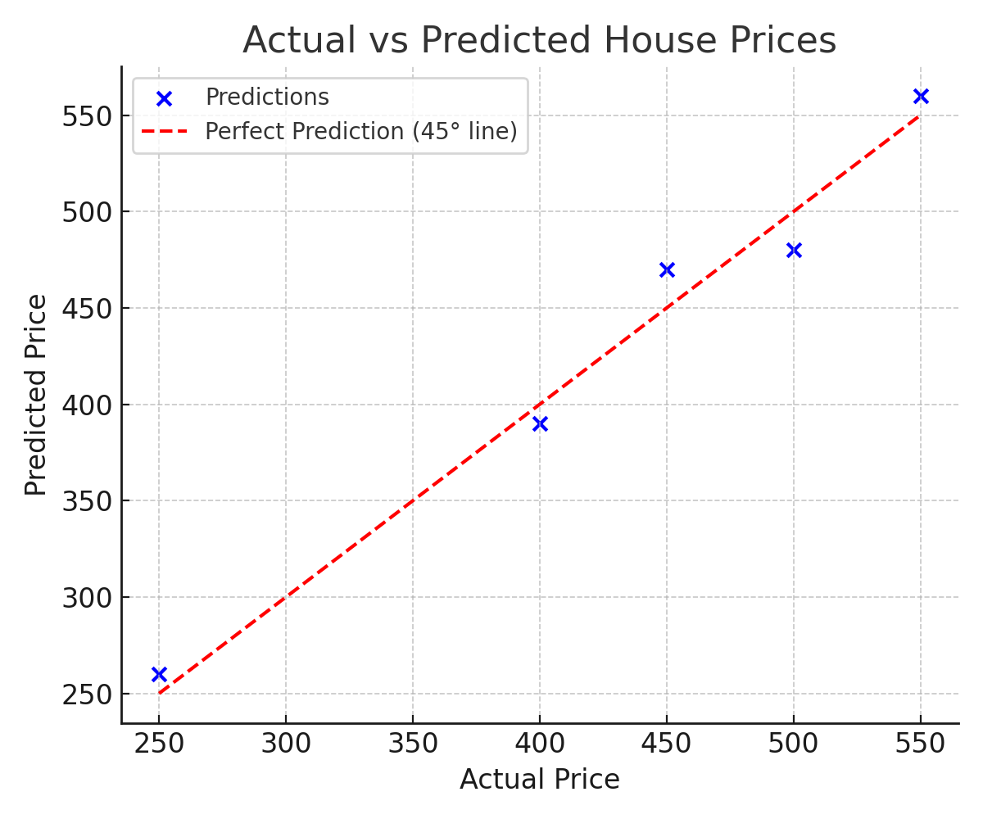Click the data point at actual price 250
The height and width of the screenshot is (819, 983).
click(159, 674)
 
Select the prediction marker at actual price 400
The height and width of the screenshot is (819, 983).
click(540, 423)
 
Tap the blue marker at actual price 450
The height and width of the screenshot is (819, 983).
click(667, 269)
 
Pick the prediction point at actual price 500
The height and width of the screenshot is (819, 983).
click(794, 250)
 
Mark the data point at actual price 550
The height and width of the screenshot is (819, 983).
click(921, 96)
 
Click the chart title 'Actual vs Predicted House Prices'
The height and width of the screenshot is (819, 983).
click(539, 40)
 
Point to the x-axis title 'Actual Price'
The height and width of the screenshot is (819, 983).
click(539, 779)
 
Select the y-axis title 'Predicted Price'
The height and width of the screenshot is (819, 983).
click(36, 395)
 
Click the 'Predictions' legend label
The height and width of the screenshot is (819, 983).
click(267, 97)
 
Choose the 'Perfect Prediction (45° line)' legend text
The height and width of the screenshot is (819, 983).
click(360, 131)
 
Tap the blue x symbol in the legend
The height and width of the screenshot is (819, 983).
click(164, 98)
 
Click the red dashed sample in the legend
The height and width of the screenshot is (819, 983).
click(164, 131)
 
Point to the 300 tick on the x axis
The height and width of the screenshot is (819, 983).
click(286, 744)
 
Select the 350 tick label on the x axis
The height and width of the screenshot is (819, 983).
click(413, 744)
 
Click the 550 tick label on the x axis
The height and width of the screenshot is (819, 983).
click(921, 744)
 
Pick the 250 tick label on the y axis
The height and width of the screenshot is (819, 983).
click(86, 695)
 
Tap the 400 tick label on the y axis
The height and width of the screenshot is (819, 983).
click(86, 405)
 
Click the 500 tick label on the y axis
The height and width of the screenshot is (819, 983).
click(86, 212)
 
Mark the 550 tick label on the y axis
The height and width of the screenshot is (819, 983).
click(86, 115)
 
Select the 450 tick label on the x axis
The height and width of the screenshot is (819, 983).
click(667, 744)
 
